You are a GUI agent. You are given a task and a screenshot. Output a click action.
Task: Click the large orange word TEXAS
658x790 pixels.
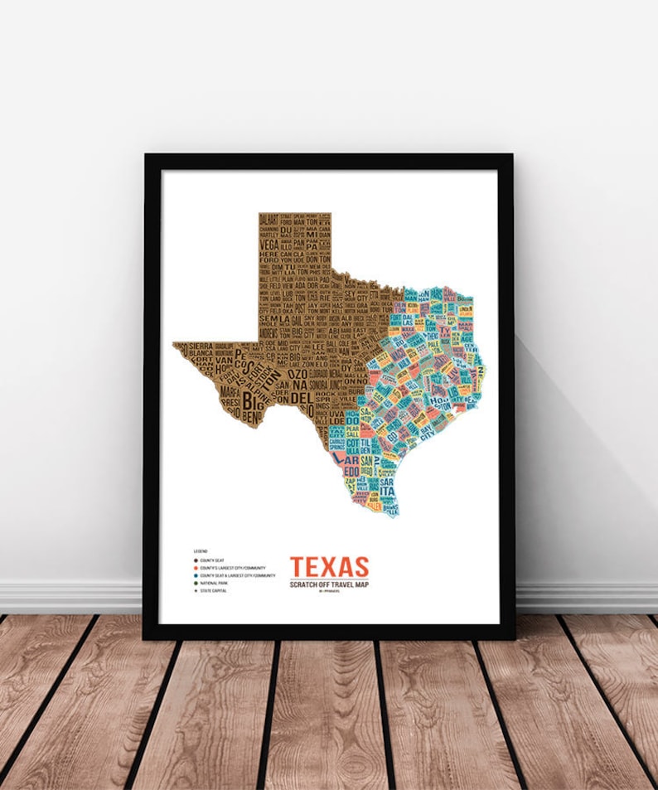[x=329, y=567]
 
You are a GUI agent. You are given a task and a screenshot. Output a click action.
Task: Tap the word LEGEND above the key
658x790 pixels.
[x=201, y=550]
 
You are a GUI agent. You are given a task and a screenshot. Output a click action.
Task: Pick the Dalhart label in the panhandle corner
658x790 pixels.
[x=268, y=220]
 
